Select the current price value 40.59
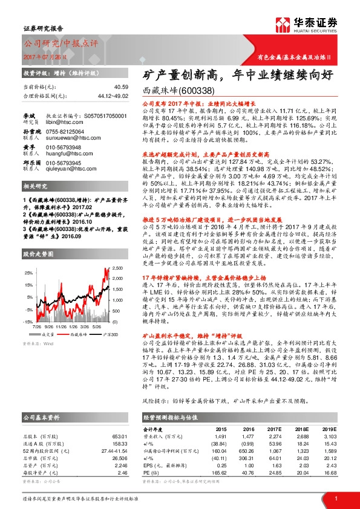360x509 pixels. [x=121, y=88]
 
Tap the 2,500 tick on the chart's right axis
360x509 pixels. [x=117, y=266]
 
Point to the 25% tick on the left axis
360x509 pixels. [x=28, y=273]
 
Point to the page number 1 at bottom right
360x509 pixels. [x=335, y=498]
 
